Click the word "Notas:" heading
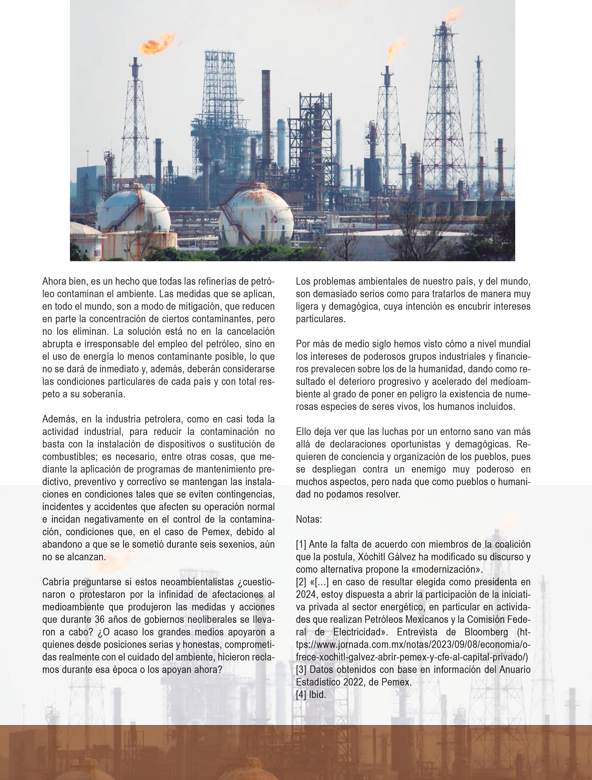click(309, 519)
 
